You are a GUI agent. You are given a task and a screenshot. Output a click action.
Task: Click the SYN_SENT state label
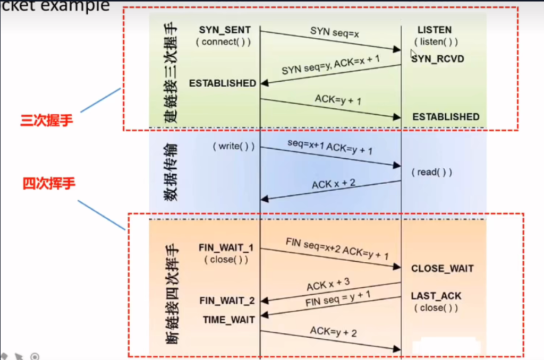point(224,30)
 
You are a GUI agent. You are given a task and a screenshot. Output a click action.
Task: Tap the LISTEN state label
point(434,30)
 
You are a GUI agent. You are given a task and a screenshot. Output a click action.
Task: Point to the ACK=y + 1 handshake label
point(338,99)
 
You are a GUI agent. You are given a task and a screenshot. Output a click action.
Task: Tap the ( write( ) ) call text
point(233,146)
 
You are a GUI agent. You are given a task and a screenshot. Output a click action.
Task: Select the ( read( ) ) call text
point(431,173)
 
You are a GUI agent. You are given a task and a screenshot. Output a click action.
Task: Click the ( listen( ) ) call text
point(436,42)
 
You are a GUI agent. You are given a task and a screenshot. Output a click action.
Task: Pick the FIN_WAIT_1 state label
point(226,248)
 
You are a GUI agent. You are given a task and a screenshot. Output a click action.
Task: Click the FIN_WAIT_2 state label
point(227,301)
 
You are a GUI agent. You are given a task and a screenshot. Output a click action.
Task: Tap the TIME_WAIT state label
point(228,320)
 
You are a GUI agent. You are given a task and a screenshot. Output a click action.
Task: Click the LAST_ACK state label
point(436,296)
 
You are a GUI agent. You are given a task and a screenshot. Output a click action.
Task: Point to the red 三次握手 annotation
point(46,121)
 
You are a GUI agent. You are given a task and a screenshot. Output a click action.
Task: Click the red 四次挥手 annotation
point(49,184)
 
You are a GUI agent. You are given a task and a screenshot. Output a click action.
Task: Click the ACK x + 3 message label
point(328,284)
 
